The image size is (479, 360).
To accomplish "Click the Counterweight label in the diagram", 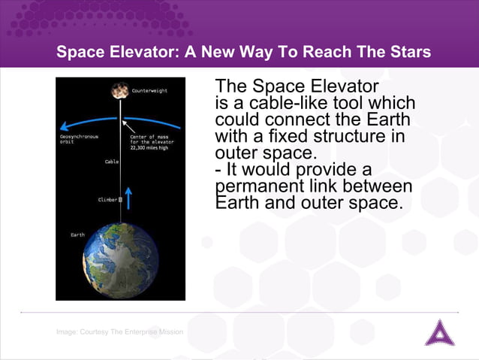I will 149,90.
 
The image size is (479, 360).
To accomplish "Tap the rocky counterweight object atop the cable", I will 119,91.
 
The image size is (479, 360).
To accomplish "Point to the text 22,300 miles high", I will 149,147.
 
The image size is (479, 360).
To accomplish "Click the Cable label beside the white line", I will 111,162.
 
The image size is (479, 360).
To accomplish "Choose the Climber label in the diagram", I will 107,199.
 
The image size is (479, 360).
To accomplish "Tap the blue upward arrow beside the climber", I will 128,198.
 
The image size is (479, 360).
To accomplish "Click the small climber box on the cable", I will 120,199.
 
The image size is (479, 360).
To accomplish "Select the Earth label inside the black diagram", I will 77,234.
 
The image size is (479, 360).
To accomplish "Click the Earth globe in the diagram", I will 119,259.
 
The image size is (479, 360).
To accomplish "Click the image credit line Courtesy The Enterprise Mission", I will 119,331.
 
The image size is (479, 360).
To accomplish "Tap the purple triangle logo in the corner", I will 439,332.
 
